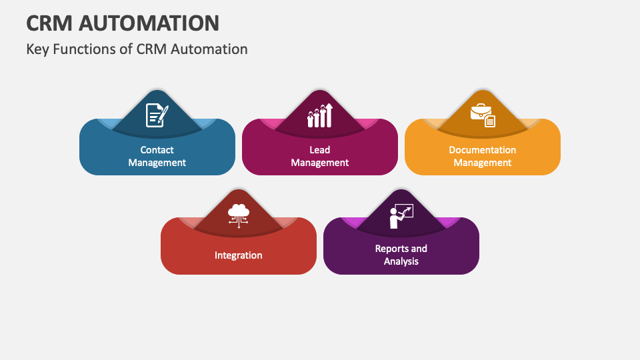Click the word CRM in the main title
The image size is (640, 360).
[x=49, y=23]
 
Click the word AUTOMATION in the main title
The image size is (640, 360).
[x=149, y=23]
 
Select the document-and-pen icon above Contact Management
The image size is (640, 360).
[x=157, y=115]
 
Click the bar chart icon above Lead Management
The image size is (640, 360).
[x=320, y=115]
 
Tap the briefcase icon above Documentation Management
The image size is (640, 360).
[x=483, y=115]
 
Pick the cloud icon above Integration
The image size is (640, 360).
[x=239, y=215]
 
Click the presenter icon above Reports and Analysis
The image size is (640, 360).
[x=401, y=216]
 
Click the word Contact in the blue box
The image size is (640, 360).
[x=157, y=150]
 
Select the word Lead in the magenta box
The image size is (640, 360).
[x=319, y=150]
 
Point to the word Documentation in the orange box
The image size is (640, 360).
[x=483, y=150]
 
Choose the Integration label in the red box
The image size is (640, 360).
[x=239, y=255]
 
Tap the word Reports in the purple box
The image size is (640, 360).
[x=391, y=249]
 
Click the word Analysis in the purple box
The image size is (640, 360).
[x=401, y=261]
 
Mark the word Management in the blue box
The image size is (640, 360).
[x=157, y=163]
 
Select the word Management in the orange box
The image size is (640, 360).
[x=483, y=163]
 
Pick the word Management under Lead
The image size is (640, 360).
[x=319, y=163]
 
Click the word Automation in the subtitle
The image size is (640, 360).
[x=209, y=49]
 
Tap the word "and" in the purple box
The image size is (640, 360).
[x=417, y=249]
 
